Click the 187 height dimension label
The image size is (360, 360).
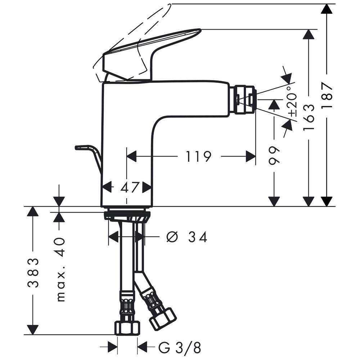327,95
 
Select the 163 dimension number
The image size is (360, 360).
309,117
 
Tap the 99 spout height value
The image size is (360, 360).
274,155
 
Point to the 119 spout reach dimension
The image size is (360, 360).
198,156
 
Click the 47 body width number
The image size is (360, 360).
130,187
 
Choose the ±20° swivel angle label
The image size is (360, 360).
292,102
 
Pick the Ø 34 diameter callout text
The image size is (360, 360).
186,237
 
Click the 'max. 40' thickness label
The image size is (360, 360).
61,270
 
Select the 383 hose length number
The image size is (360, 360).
33,273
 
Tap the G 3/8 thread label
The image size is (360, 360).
180,348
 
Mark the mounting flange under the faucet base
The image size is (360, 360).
127,216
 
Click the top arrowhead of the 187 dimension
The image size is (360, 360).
327,9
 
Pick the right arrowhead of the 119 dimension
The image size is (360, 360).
251,156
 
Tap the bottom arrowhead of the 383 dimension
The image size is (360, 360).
33,330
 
